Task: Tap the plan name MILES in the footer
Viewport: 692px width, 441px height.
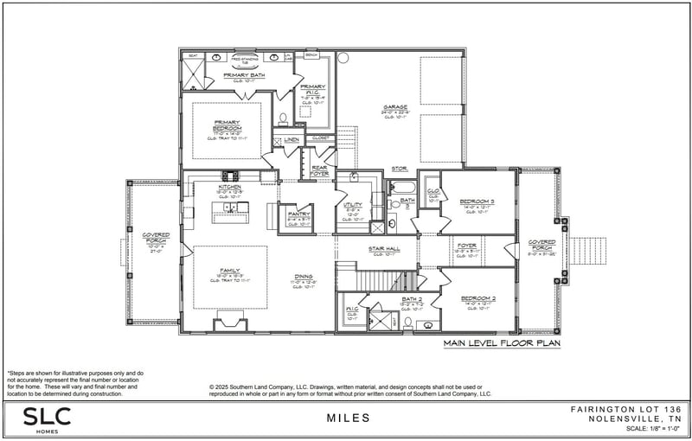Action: [349, 418]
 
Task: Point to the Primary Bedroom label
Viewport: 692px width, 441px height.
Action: [227, 124]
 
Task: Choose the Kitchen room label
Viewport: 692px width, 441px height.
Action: [229, 187]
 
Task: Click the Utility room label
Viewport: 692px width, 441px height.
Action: [352, 205]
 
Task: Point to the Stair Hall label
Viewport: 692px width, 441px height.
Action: [384, 248]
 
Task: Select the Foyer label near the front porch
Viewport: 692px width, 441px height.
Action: [467, 246]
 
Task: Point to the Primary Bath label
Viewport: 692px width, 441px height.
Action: [243, 75]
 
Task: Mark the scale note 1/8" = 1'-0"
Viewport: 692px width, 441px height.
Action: [641, 429]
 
